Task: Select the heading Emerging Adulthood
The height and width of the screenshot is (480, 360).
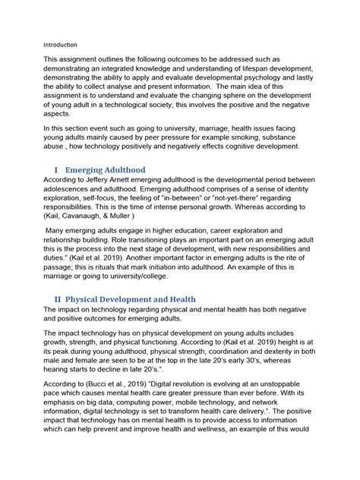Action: [x=111, y=190]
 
